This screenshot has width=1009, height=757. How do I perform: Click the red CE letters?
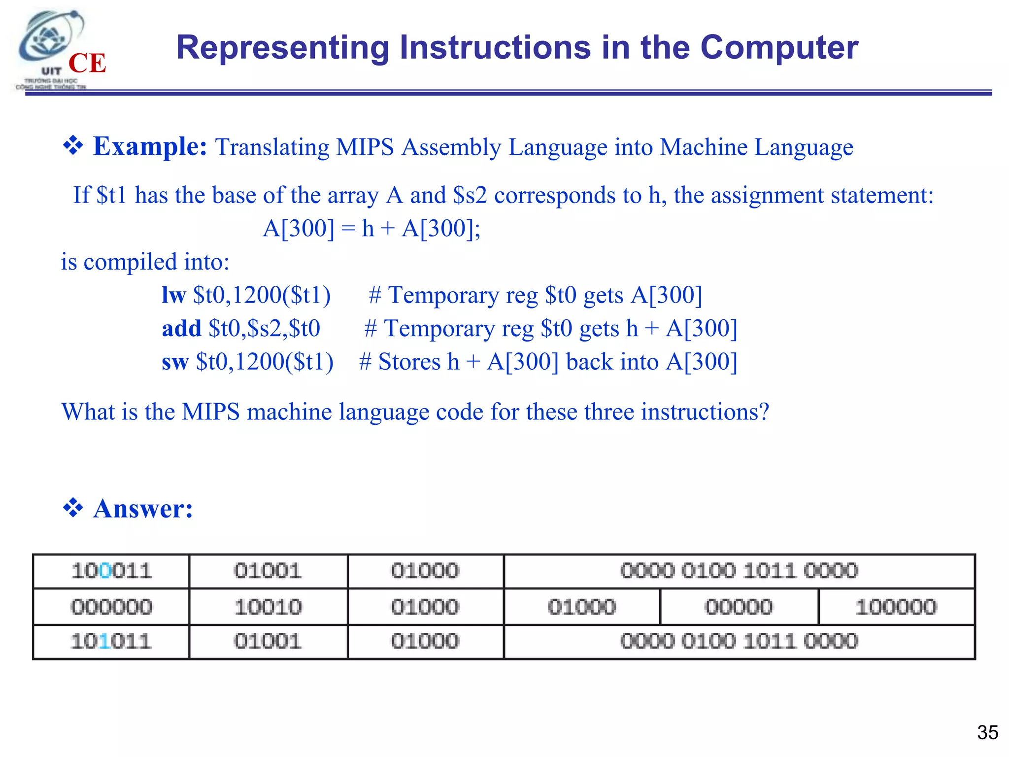87,64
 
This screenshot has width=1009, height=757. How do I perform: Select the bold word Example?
150,146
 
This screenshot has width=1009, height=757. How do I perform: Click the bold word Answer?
143,509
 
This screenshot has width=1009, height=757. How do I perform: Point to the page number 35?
987,732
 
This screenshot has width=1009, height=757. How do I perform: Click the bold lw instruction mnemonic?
173,295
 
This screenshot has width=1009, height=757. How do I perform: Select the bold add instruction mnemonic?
181,328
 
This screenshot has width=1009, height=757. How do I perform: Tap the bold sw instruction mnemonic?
175,362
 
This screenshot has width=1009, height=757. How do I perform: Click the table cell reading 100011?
111,571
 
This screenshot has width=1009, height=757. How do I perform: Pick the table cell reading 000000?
111,607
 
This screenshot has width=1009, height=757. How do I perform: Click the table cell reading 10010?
268,607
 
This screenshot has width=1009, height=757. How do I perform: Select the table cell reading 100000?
896,607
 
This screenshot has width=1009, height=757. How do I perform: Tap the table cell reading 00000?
739,607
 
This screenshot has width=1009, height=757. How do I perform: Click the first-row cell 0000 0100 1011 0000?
739,571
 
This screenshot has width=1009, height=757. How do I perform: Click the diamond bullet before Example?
73,146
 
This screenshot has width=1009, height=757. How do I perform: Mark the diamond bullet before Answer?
73,508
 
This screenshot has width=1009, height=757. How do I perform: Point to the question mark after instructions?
764,412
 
